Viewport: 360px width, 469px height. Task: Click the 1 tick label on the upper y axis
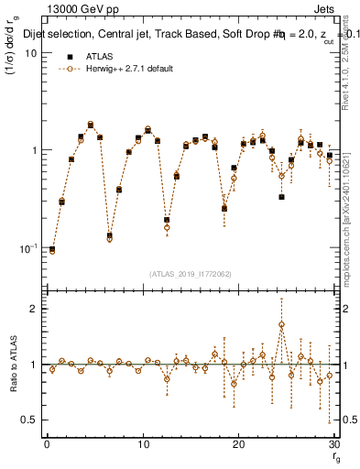[x=34, y=150]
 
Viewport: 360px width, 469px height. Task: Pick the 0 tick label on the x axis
[x=47, y=444]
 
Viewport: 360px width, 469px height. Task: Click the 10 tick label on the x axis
[x=142, y=444]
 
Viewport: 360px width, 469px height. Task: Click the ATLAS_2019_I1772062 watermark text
[x=190, y=273]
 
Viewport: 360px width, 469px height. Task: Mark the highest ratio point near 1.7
[x=281, y=324]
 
